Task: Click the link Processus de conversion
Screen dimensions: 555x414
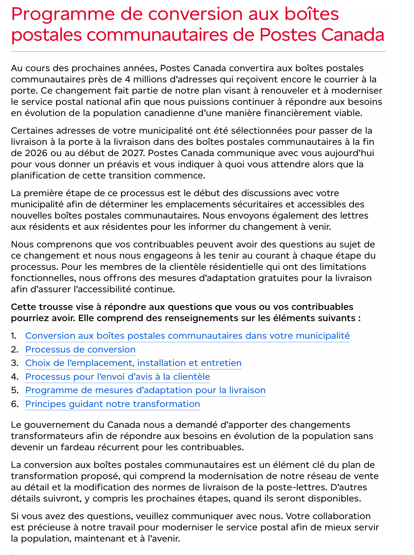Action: pos(80,349)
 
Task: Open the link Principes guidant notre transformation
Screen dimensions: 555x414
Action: pos(112,404)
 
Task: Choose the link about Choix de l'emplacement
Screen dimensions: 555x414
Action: pos(133,363)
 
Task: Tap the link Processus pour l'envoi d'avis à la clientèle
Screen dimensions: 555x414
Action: pos(118,377)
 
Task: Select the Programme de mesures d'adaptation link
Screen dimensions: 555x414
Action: pos(145,390)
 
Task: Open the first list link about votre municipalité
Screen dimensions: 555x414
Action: pos(187,335)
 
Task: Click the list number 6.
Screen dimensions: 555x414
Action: pos(14,404)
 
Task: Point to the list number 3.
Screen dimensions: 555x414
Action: pos(14,363)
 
